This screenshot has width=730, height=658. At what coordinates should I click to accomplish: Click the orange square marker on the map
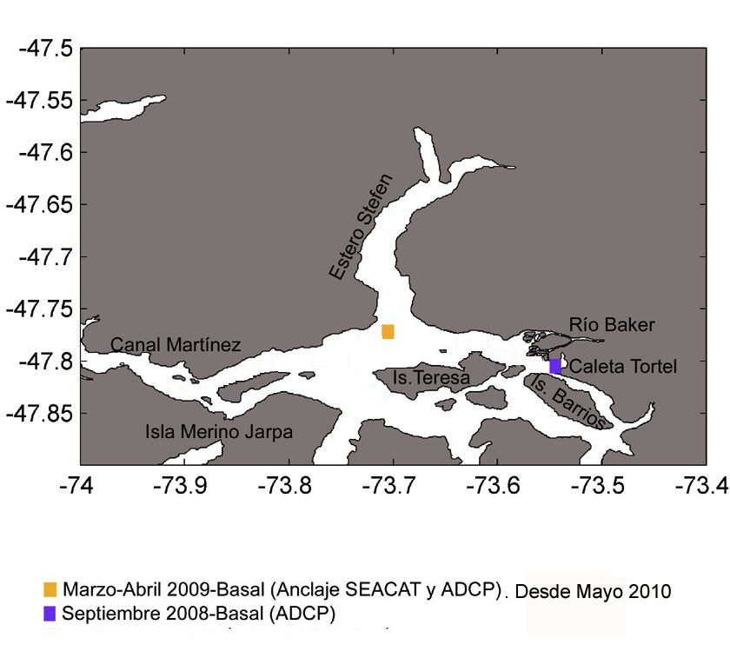388,331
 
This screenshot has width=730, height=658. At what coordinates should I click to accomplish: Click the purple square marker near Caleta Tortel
555,367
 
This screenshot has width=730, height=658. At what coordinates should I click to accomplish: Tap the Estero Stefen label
361,227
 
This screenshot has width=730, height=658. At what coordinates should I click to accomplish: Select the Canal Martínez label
176,345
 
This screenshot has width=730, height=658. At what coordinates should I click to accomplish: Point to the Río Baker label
612,324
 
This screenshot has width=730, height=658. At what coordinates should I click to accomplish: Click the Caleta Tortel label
623,367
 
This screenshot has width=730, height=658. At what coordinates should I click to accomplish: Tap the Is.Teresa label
431,377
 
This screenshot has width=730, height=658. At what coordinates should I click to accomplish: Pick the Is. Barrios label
567,402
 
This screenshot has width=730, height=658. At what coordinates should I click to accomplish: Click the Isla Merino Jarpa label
219,432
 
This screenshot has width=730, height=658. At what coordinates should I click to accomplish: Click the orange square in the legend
50,589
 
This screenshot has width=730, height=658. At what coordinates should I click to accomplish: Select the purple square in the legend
50,614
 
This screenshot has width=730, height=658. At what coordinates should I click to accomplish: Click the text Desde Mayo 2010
593,591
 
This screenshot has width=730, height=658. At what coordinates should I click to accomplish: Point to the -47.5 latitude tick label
45,49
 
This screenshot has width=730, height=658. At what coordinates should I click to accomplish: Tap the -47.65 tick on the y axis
40,205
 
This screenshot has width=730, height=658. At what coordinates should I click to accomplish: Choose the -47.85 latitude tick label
40,414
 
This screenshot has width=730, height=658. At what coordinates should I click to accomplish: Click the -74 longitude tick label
76,486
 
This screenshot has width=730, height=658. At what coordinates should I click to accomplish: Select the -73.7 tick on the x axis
388,486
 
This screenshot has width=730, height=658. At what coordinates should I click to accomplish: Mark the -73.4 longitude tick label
701,486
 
